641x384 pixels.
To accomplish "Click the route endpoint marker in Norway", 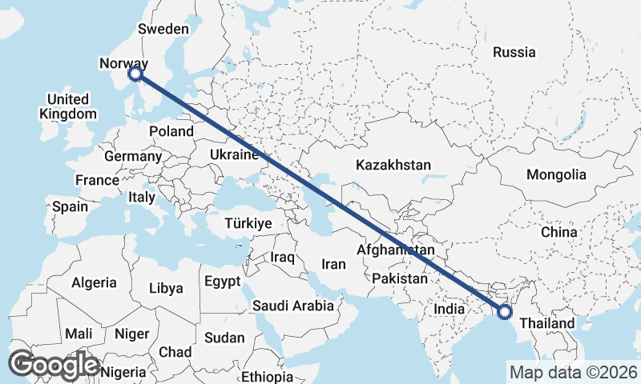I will click(x=135, y=74).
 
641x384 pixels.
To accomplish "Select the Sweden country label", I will click(x=163, y=29).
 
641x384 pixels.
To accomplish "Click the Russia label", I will click(x=514, y=53).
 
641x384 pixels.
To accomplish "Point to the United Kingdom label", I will click(x=68, y=106).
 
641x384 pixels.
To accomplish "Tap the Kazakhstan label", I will click(x=393, y=166).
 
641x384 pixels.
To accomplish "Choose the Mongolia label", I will click(x=556, y=174).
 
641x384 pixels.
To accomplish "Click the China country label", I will click(x=558, y=232).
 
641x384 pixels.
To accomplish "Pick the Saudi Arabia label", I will click(x=293, y=306).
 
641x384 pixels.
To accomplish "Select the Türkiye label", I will click(x=248, y=223).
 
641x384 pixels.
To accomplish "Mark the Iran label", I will click(x=333, y=264).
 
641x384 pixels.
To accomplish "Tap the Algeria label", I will click(x=95, y=283).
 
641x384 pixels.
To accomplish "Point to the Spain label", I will click(x=70, y=206).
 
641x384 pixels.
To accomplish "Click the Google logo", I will click(x=54, y=365).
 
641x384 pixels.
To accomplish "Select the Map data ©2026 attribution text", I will click(x=574, y=372).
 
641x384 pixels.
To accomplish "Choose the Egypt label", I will click(x=222, y=282).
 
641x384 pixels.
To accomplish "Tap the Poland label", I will click(x=172, y=131).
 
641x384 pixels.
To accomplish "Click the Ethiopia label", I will click(x=268, y=377).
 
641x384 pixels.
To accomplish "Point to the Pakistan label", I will click(x=399, y=279).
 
